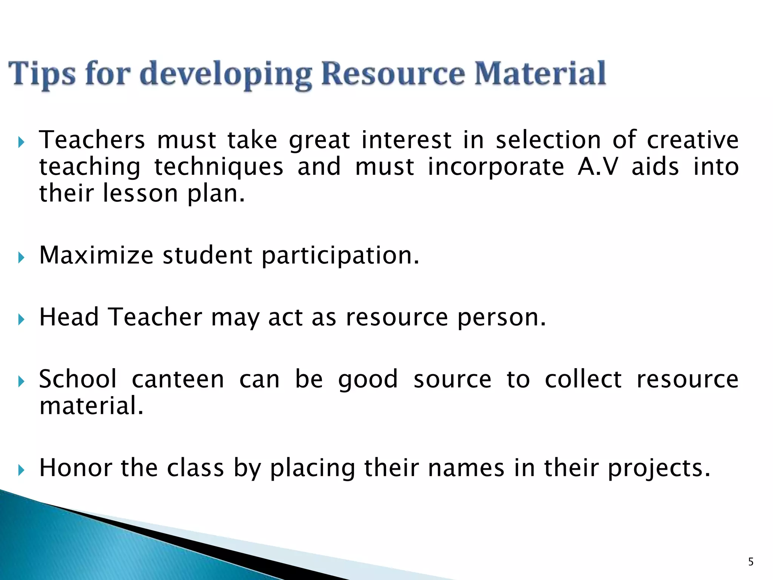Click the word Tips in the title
click(x=42, y=74)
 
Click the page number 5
click(x=751, y=562)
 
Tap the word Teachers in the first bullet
click(x=92, y=140)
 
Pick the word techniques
click(x=219, y=167)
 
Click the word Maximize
click(x=96, y=255)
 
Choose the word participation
click(x=340, y=256)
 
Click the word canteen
click(x=178, y=379)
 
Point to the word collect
click(x=583, y=379)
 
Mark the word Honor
click(x=75, y=467)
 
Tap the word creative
click(x=693, y=140)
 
